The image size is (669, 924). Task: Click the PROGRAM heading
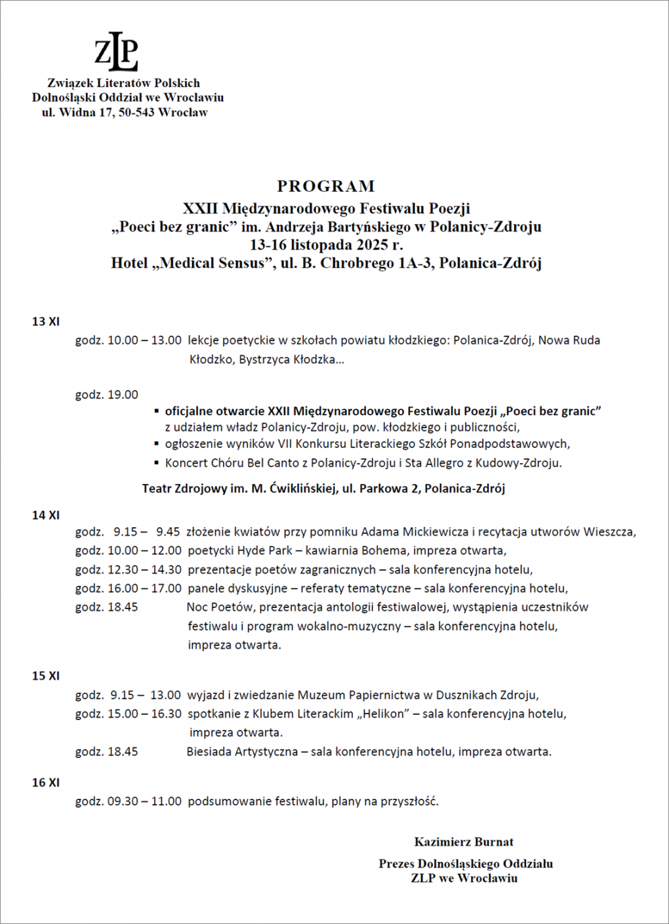[x=326, y=186]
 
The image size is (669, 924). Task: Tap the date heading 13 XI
[x=46, y=321]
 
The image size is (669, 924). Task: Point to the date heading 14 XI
[x=46, y=515]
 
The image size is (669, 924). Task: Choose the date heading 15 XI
[x=46, y=675]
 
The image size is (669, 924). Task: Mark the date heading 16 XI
[x=46, y=782]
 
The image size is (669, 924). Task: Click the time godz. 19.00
[x=107, y=395]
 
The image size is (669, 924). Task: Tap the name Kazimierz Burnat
[x=464, y=842]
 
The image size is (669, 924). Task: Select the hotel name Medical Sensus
[x=211, y=264]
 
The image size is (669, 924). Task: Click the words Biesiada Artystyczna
[x=242, y=752]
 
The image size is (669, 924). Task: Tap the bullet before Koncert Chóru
[x=157, y=463]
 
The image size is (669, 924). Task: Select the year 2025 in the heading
[x=373, y=245]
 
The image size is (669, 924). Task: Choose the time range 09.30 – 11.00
[x=144, y=801]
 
